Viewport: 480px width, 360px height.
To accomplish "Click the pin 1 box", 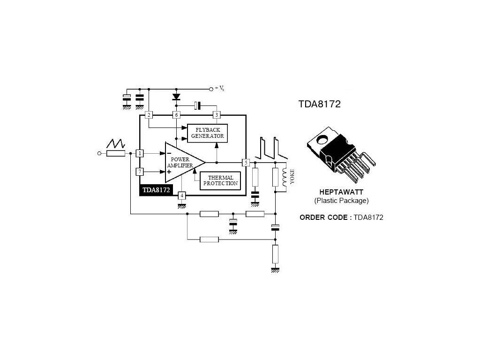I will click(139, 153).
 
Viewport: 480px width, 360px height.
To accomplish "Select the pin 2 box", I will click(149, 115).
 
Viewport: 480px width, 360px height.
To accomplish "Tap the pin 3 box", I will click(216, 115).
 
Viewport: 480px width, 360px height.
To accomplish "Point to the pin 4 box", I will click(182, 195).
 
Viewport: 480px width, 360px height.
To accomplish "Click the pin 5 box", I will click(246, 163).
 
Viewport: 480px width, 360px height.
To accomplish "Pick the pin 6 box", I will click(177, 115).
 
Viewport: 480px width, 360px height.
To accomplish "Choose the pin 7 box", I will click(139, 172).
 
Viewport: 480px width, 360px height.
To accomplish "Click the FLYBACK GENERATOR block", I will click(208, 133).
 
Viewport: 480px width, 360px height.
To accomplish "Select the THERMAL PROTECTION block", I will click(220, 180).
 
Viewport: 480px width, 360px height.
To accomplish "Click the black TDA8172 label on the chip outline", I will click(156, 190).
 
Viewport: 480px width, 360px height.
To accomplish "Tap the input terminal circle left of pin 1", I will click(99, 153).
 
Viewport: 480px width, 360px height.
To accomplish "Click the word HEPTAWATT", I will click(341, 192).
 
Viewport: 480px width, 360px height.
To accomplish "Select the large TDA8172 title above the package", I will click(319, 104).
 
